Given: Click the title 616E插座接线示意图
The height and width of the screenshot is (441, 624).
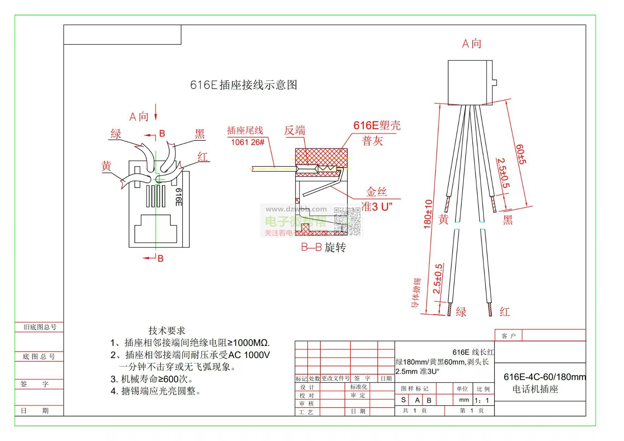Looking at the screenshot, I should point(244,85).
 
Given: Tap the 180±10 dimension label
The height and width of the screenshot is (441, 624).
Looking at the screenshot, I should point(428,214).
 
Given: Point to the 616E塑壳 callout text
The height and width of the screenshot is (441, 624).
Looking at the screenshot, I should point(377,125).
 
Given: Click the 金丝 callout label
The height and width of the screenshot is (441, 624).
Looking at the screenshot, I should point(376,192).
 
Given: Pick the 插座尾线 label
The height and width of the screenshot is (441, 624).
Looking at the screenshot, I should point(245,130).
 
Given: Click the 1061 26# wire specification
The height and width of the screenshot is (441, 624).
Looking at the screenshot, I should point(247,142).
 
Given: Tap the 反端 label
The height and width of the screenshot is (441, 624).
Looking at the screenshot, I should point(295,131).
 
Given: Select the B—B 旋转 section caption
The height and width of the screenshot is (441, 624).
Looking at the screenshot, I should point(323,247).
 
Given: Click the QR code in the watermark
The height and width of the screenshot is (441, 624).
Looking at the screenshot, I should point(347,221).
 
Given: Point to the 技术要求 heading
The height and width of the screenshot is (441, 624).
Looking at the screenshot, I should point(167,331).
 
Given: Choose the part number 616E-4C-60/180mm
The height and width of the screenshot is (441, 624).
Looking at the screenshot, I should point(544,377).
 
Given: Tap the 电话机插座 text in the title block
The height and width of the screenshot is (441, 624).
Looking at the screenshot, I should point(535,389).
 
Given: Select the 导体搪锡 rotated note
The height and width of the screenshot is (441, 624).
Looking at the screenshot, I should point(416,293).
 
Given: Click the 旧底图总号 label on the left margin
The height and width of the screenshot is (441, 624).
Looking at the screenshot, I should point(40,327).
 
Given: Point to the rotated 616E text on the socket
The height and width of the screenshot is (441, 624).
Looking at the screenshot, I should point(178,197).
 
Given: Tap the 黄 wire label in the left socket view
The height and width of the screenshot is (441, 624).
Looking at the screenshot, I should point(106,166).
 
